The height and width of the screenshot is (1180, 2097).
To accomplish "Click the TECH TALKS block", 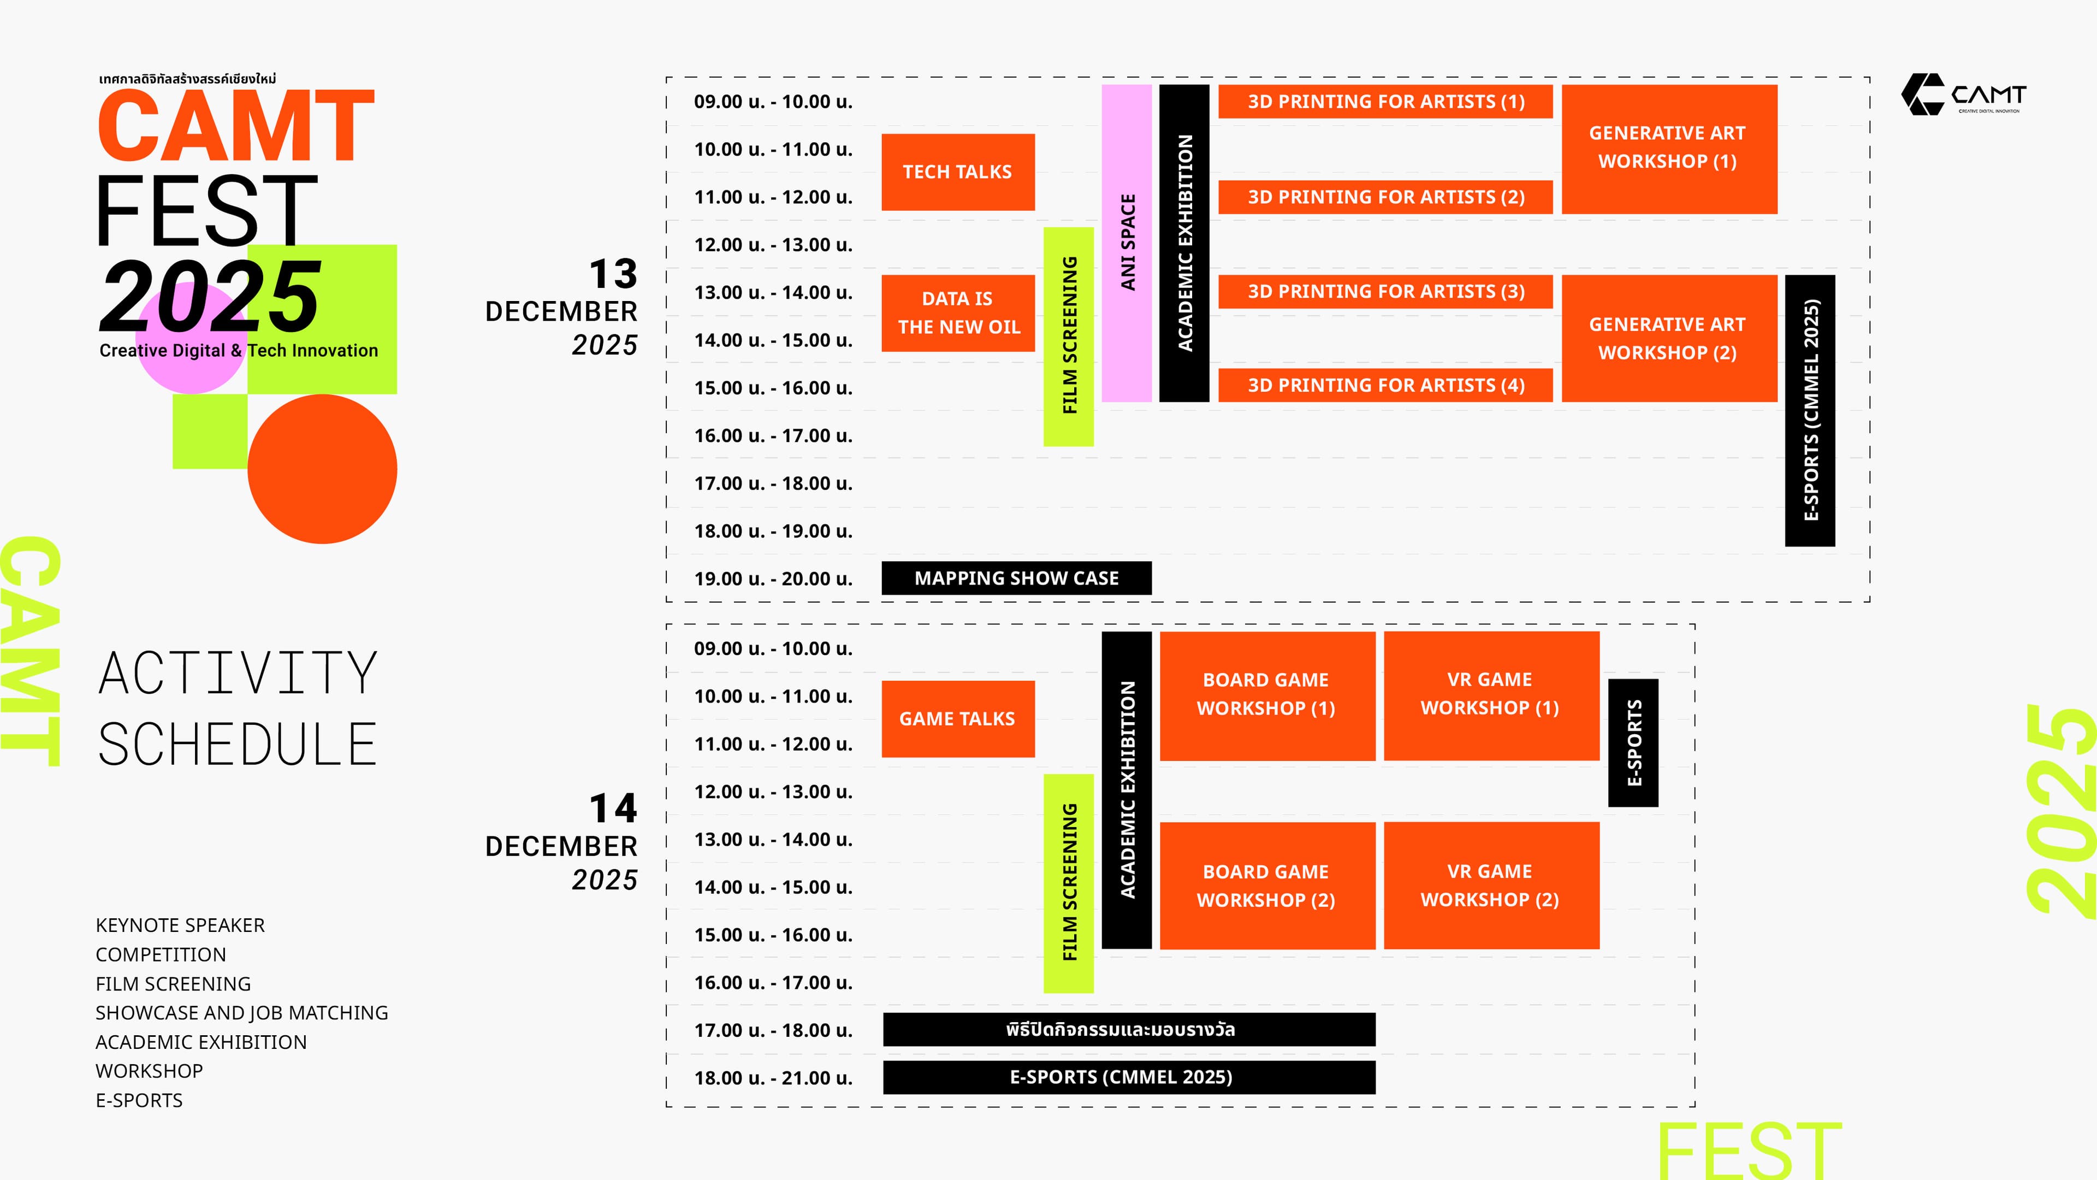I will point(957,172).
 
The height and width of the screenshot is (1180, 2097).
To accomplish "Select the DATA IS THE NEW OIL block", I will point(957,312).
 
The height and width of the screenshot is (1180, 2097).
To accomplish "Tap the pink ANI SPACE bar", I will point(1127,243).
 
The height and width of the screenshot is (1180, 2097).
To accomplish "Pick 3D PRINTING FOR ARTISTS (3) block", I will point(1385,292).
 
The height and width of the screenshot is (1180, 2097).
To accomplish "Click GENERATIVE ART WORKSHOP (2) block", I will point(1668,338).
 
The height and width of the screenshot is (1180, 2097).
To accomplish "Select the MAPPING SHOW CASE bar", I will point(1016,578).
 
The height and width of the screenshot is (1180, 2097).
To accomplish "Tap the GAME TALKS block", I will point(957,718).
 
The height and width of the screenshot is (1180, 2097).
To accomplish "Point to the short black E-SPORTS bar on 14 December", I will point(1633,743).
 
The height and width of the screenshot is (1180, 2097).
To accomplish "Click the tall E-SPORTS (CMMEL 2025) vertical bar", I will point(1810,410).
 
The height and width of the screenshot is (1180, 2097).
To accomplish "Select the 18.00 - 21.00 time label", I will point(773,1077).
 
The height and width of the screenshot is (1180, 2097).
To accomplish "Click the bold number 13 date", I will point(613,274).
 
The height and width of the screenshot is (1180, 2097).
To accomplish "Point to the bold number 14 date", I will point(613,808).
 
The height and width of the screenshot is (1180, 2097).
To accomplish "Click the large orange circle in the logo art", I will point(322,469).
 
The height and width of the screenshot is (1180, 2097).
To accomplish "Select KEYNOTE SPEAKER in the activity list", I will point(180,925).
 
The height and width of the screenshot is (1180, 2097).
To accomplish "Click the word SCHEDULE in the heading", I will point(237,744).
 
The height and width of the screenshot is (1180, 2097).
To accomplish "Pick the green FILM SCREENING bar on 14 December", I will point(1068,883).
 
